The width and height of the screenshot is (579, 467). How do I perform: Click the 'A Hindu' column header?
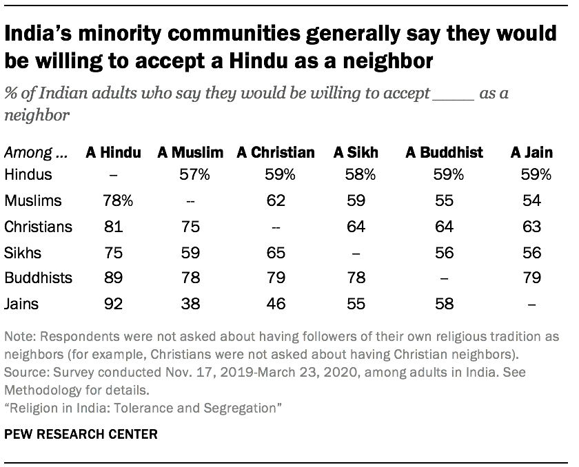coord(112,152)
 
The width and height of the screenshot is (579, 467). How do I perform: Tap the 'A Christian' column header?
coord(276,152)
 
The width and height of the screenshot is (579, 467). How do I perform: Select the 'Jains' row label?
coord(21,304)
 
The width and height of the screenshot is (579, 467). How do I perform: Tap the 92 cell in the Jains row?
coord(112,304)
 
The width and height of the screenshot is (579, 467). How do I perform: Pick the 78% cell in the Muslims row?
coord(112,200)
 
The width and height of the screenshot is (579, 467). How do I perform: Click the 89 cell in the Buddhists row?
coord(112,279)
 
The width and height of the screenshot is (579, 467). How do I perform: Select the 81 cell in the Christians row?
coord(112,227)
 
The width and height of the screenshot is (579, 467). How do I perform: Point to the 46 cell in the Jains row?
coord(276,304)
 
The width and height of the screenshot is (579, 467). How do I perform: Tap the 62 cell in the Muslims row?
coord(276,200)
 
